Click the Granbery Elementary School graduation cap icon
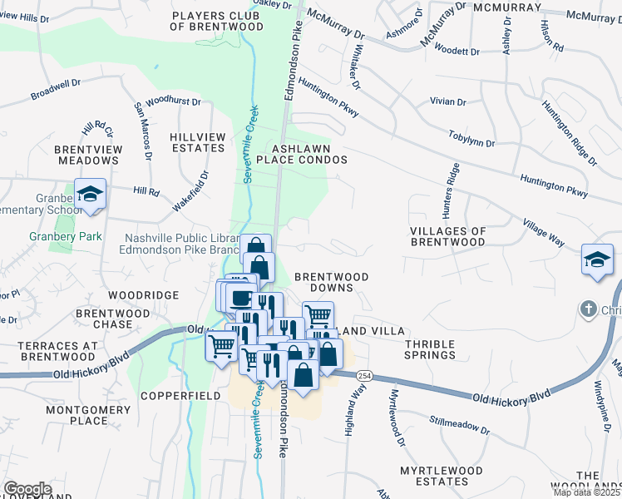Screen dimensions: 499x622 (x=90, y=195)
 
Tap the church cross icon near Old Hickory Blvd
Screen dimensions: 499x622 (x=589, y=309)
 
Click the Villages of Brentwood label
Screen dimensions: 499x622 (x=447, y=236)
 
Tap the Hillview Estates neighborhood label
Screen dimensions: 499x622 (x=197, y=142)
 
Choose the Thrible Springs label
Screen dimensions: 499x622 (x=430, y=348)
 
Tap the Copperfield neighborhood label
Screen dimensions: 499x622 (x=180, y=396)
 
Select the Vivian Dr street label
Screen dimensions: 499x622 (x=448, y=101)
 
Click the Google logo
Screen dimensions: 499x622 (x=27, y=488)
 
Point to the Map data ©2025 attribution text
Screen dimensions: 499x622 (x=587, y=492)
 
